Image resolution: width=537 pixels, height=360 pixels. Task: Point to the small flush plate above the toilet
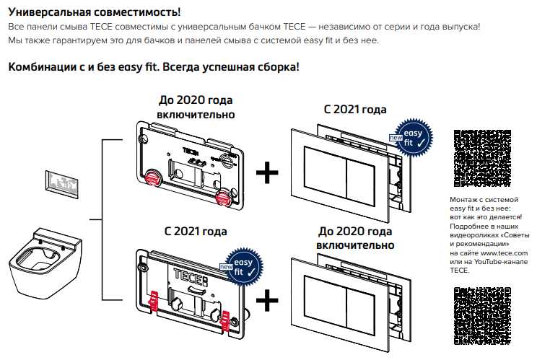tap(62, 182)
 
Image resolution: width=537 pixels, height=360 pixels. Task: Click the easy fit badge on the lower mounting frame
tap(244, 262)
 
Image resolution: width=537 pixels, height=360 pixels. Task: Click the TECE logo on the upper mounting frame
tap(191, 152)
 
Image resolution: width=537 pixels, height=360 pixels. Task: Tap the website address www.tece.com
tap(505, 253)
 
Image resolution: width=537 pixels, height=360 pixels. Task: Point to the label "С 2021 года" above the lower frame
tap(196, 232)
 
